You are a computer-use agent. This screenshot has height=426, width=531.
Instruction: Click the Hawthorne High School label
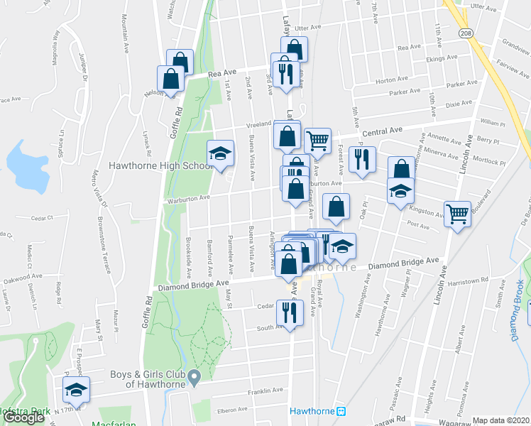[x=160, y=166]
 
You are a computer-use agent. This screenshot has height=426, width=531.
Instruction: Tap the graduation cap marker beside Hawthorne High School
[x=220, y=154]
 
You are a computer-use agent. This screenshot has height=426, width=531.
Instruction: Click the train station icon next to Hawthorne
[x=341, y=411]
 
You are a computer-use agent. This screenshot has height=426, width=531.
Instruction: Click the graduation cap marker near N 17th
[x=75, y=388]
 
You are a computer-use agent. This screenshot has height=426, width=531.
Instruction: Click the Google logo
[x=24, y=418]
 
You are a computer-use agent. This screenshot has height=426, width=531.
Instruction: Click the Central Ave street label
[x=383, y=131]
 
